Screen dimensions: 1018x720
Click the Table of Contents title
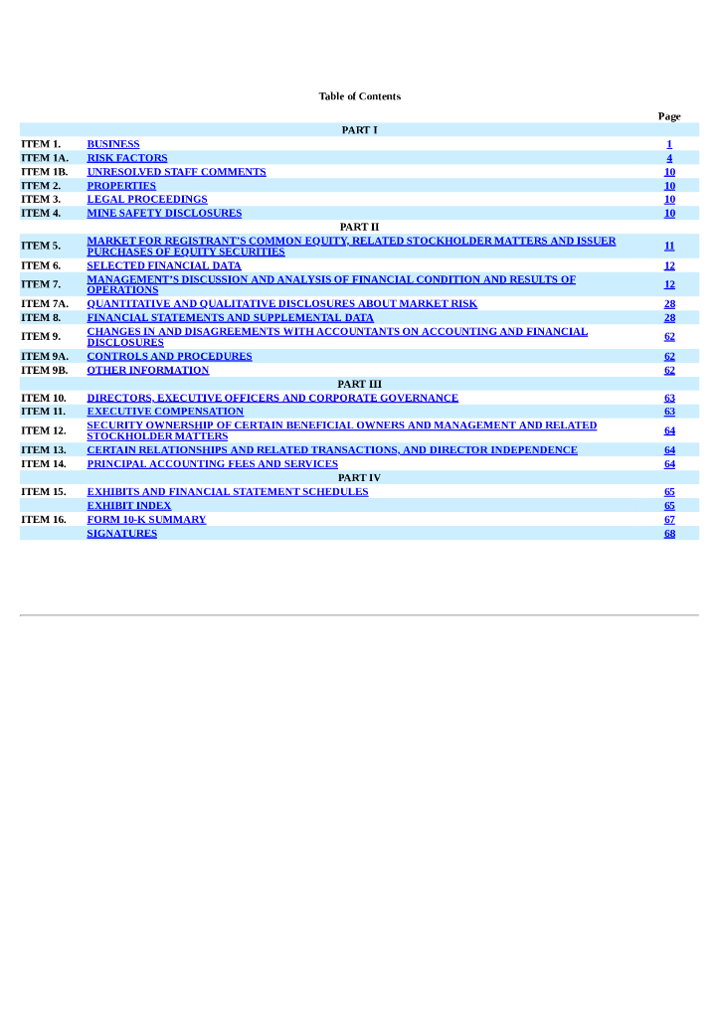[x=359, y=96]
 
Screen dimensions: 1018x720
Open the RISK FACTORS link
[x=127, y=158]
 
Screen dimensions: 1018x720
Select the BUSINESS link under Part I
[x=113, y=144]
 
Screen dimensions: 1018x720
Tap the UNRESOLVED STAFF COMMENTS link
[x=176, y=172]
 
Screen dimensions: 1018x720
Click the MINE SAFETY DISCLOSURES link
[x=164, y=213]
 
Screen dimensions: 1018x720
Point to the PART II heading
[x=359, y=227]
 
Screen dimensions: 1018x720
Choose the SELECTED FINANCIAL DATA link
[x=164, y=265]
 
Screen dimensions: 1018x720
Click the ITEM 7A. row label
[x=45, y=303]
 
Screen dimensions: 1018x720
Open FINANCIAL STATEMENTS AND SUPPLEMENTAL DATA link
[x=231, y=317]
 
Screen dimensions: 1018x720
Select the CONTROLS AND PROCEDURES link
[x=169, y=356]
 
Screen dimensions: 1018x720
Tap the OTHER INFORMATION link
[x=148, y=370]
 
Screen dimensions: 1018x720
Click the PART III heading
[x=359, y=384]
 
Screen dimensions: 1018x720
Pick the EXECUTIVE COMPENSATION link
[x=165, y=412]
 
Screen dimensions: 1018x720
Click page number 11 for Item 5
[x=669, y=246]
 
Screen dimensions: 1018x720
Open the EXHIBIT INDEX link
[x=129, y=505]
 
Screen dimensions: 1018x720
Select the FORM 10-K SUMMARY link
[x=146, y=519]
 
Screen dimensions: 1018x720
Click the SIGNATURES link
[x=122, y=533]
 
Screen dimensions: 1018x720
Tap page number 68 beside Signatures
[x=669, y=533]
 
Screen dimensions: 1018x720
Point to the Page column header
[x=669, y=116]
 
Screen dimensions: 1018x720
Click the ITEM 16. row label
[x=44, y=519]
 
